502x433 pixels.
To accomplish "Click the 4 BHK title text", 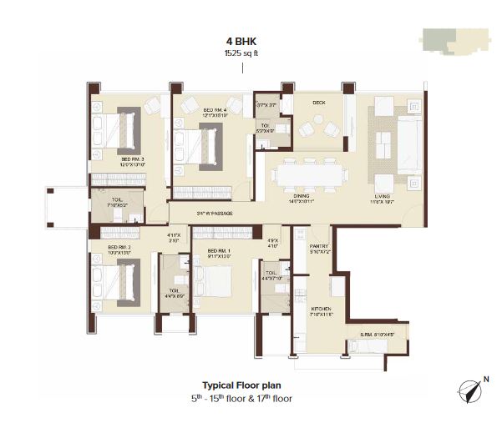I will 241,40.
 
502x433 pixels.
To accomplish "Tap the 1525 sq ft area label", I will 241,53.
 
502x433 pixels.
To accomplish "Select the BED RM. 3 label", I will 133,159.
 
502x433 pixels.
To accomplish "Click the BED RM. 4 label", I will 216,108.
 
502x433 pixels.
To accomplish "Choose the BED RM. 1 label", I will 219,250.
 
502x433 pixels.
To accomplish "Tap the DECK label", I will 318,103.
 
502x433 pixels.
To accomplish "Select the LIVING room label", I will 383,197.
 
